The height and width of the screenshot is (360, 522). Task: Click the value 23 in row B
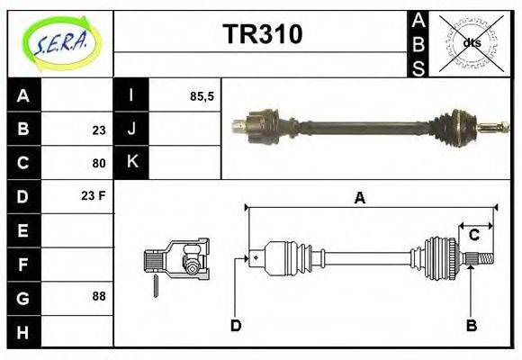(98, 130)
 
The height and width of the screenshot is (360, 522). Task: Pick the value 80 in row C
(98, 163)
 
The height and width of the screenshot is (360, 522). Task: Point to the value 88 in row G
(98, 296)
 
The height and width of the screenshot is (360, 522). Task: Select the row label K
(132, 163)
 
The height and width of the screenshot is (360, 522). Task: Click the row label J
(132, 130)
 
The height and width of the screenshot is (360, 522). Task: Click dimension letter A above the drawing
(359, 198)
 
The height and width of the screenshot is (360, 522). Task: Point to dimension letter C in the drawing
(473, 236)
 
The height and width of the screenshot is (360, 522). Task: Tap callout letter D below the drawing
(236, 325)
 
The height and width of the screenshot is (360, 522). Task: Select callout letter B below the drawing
(471, 325)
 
